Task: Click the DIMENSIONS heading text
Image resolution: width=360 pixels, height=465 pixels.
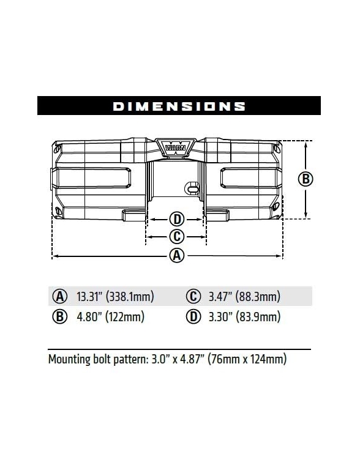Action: (x=179, y=106)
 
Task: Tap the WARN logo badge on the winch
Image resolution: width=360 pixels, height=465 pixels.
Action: (x=176, y=147)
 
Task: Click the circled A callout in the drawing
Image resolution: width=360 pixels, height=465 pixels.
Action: (x=176, y=256)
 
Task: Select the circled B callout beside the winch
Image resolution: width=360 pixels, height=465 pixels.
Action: (x=306, y=179)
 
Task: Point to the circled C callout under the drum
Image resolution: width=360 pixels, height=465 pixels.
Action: (x=176, y=237)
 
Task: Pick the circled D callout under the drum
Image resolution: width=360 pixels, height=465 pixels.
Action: (x=176, y=219)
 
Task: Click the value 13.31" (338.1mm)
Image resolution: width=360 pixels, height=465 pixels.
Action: (x=114, y=297)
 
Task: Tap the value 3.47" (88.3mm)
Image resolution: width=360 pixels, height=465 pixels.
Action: (x=244, y=297)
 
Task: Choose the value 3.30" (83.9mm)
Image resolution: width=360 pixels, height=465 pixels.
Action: (x=244, y=317)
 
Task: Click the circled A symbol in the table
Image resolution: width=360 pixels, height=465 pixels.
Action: (x=60, y=297)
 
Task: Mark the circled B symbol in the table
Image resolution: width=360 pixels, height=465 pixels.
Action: (x=60, y=317)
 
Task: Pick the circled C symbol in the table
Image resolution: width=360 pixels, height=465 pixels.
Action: (x=193, y=297)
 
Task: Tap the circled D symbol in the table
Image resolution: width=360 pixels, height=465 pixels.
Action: (x=193, y=317)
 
